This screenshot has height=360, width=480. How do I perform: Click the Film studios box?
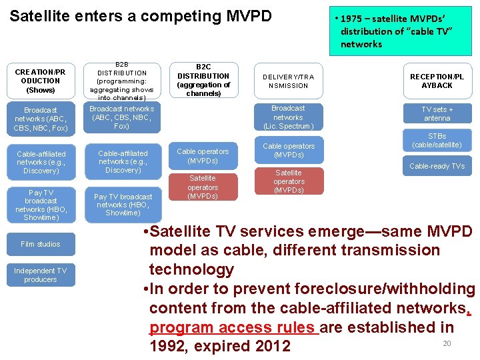tap(41, 244)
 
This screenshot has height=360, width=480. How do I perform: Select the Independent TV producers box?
tap(41, 275)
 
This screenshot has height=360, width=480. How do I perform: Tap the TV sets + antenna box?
tap(437, 113)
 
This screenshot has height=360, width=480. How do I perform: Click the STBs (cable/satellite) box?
tap(437, 140)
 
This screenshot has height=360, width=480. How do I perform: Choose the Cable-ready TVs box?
tap(437, 166)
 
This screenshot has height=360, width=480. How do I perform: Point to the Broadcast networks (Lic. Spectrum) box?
tap(288, 117)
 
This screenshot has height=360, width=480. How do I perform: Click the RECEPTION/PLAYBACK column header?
tap(437, 81)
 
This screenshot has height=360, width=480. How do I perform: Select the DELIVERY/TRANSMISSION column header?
tap(288, 81)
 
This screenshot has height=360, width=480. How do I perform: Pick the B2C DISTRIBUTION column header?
tap(203, 80)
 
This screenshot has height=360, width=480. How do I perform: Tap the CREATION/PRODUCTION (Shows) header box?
tap(41, 81)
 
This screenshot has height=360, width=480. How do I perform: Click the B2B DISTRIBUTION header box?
tap(122, 81)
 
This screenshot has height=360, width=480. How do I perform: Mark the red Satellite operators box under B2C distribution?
tap(203, 187)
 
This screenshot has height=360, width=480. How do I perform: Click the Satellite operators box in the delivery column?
tap(289, 181)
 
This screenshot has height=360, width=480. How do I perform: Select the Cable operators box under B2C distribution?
tap(203, 156)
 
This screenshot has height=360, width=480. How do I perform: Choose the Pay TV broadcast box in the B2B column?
tap(123, 205)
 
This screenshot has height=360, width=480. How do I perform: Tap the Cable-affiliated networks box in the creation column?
tap(41, 162)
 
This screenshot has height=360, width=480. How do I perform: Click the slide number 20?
tap(447, 343)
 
